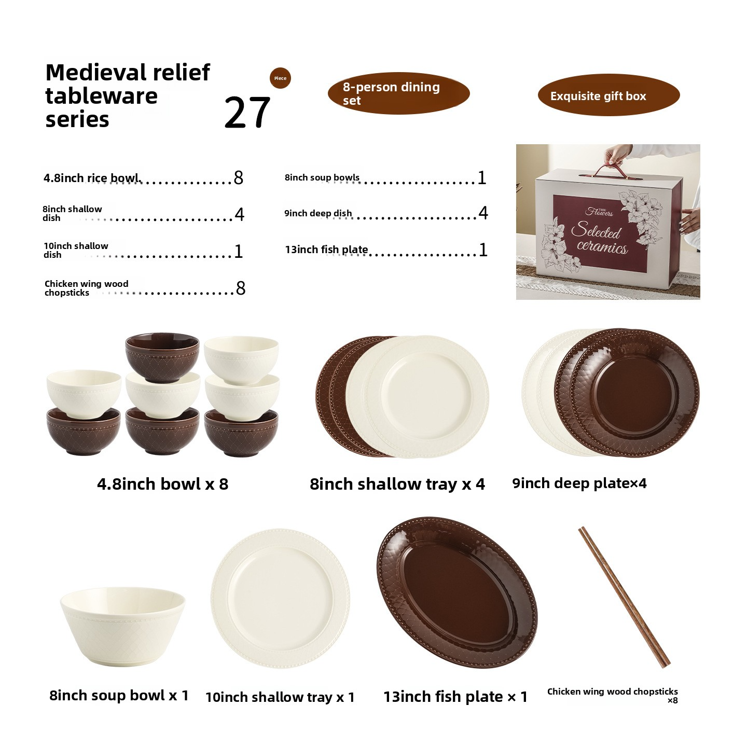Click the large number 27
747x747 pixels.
(247, 113)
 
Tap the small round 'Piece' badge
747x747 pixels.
(280, 78)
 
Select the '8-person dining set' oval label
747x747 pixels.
(398, 93)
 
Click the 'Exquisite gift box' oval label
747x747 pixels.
(608, 95)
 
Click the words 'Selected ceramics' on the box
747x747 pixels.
(600, 238)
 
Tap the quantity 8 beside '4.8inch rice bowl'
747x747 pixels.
(239, 178)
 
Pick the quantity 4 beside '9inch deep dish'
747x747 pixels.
(483, 213)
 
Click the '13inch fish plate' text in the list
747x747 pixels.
(326, 250)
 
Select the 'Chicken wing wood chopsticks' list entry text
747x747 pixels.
(86, 288)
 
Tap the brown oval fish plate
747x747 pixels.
(457, 592)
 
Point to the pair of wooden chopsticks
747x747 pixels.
(624, 597)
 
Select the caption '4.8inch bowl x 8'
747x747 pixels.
(162, 484)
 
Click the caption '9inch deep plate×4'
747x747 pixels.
(579, 483)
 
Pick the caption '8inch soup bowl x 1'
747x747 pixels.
(119, 695)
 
